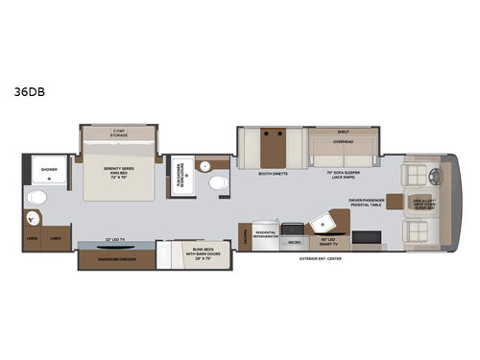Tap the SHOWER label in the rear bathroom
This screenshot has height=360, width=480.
pyautogui.click(x=48, y=169)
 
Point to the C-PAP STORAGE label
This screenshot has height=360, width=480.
pyautogui.click(x=118, y=133)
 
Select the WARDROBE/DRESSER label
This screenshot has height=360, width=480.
pyautogui.click(x=113, y=256)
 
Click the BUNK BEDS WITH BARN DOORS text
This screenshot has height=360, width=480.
pyautogui.click(x=186, y=255)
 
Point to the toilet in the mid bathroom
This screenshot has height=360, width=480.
pyautogui.click(x=217, y=182)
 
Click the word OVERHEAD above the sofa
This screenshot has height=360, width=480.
pyautogui.click(x=343, y=139)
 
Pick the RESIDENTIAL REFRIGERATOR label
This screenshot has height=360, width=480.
pyautogui.click(x=266, y=236)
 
